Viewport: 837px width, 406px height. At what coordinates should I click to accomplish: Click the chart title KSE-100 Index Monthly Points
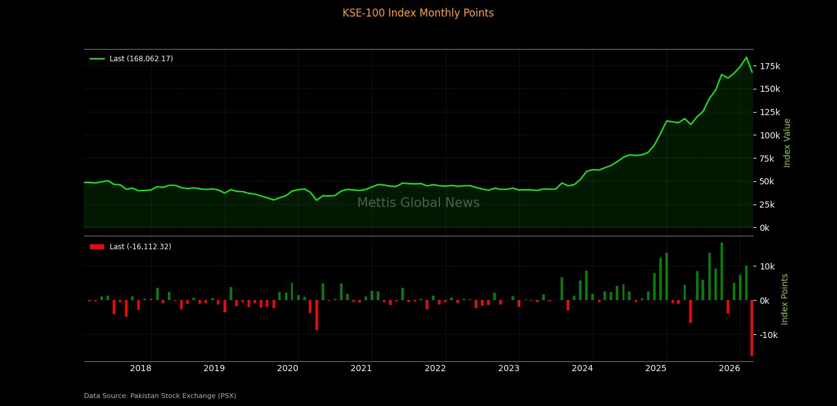[x=418, y=13]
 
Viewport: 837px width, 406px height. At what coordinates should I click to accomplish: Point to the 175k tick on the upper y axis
[x=770, y=66]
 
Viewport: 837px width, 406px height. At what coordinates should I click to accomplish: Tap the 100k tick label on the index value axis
[x=770, y=135]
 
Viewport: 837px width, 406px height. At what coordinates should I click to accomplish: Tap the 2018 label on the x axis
[x=140, y=368]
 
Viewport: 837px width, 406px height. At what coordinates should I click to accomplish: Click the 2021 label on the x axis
[x=361, y=368]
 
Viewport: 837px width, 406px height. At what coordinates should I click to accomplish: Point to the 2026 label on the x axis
[x=729, y=368]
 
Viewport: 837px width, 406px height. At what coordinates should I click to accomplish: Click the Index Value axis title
[x=787, y=143]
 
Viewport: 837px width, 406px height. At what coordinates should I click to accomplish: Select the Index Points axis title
[x=785, y=299]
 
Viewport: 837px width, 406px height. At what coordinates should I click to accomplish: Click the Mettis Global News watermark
[x=418, y=203]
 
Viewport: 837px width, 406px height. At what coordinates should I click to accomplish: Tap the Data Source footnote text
[x=160, y=396]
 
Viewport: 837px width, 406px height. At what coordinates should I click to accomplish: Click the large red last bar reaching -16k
[x=752, y=328]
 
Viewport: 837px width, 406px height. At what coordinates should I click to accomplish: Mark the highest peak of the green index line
[x=746, y=58]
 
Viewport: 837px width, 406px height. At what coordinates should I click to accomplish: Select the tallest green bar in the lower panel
[x=721, y=271]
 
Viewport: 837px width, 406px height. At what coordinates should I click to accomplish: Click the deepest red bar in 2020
[x=316, y=315]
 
